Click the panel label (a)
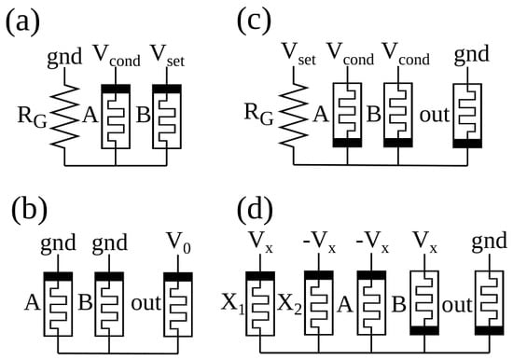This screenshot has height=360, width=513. tap(22, 23)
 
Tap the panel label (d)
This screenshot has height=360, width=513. tap(255, 209)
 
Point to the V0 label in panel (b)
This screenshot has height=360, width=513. tap(179, 243)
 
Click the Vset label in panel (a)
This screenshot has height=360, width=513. tap(167, 56)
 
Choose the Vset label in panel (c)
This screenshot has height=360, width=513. tap(298, 55)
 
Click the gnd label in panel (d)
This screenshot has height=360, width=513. tap(490, 242)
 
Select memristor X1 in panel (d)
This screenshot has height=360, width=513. tap(260, 303)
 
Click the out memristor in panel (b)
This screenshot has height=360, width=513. tap(178, 304)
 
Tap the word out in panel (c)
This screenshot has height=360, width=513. tap(435, 116)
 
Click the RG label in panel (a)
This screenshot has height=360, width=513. tap(32, 118)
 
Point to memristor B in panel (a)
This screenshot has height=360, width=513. tap(167, 117)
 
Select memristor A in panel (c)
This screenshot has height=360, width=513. tap(347, 115)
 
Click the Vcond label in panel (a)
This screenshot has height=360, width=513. tap(117, 56)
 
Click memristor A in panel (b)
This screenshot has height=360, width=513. tap(58, 304)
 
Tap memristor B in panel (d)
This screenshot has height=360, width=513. tap(424, 303)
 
